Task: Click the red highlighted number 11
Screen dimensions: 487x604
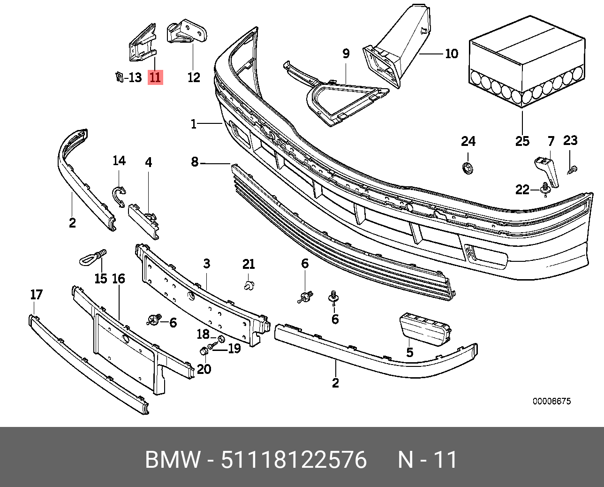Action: (x=155, y=77)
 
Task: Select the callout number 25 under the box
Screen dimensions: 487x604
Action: (x=522, y=141)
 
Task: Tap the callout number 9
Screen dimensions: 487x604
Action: (x=346, y=53)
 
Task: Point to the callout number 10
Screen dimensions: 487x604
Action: (x=451, y=53)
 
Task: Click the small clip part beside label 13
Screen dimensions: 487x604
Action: (x=119, y=76)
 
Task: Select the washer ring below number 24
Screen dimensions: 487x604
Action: (x=467, y=167)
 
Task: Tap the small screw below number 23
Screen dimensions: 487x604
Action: (x=573, y=170)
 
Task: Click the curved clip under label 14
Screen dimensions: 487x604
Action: (x=119, y=195)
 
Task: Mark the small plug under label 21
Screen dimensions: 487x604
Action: (x=249, y=285)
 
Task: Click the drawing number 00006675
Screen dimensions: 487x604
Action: (x=551, y=401)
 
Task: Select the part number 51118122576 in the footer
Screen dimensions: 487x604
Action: (x=294, y=460)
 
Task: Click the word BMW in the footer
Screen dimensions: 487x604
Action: (x=173, y=460)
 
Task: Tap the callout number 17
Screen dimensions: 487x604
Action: (x=36, y=295)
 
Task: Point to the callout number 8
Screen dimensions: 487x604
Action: (x=195, y=162)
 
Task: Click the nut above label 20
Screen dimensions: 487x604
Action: (x=204, y=351)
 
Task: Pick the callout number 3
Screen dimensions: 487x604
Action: (x=207, y=264)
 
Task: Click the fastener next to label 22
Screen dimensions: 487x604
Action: (x=545, y=189)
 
